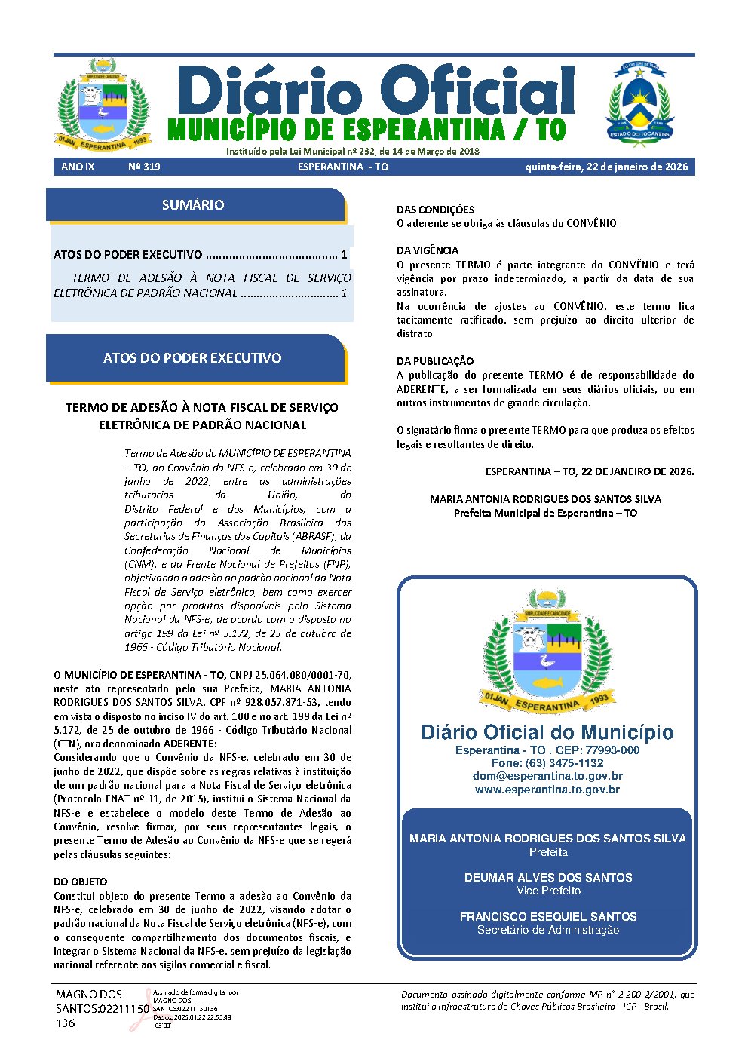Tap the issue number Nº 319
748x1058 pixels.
tap(144, 167)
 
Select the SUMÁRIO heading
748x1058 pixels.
tap(193, 205)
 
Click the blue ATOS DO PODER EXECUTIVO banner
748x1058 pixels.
tap(192, 358)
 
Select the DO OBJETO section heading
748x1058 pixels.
tap(81, 882)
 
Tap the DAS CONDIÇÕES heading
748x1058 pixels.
tap(436, 210)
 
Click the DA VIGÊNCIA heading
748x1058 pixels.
tap(428, 250)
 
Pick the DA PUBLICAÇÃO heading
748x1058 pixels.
tap(435, 361)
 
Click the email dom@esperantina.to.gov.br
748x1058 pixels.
tap(547, 776)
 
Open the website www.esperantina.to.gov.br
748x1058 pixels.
tap(547, 790)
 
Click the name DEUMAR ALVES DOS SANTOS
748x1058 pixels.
tap(548, 878)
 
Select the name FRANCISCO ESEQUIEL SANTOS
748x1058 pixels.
tap(548, 917)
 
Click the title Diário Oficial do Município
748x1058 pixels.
tap(547, 732)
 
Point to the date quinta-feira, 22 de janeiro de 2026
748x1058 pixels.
tap(606, 167)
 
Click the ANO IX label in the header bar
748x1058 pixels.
tap(78, 167)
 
